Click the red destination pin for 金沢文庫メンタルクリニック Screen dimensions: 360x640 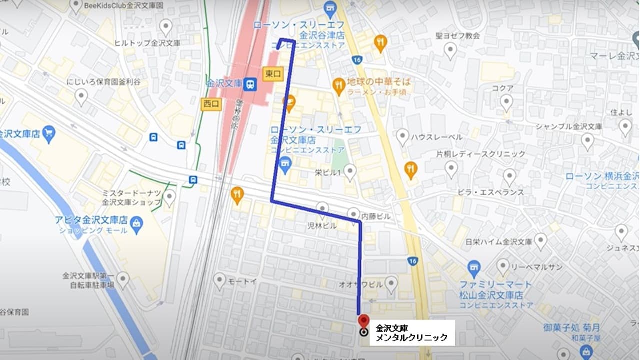pos(363,320)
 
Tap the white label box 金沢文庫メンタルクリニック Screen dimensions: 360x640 pos(412,333)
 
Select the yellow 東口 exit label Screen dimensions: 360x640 pos(273,74)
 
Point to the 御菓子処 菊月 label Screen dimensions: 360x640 pos(572,328)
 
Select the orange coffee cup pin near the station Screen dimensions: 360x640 pos(289,103)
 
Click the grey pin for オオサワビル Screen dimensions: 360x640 pos(391,283)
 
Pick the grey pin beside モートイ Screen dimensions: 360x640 pos(219,280)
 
